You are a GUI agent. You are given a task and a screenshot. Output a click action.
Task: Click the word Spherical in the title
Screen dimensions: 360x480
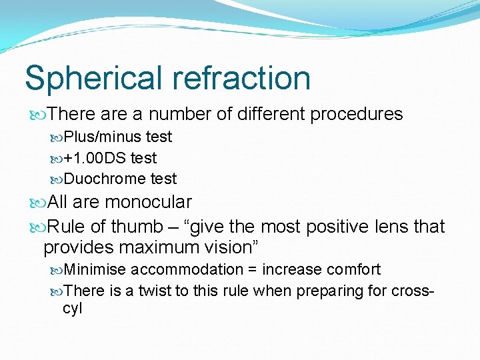coord(93,78)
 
